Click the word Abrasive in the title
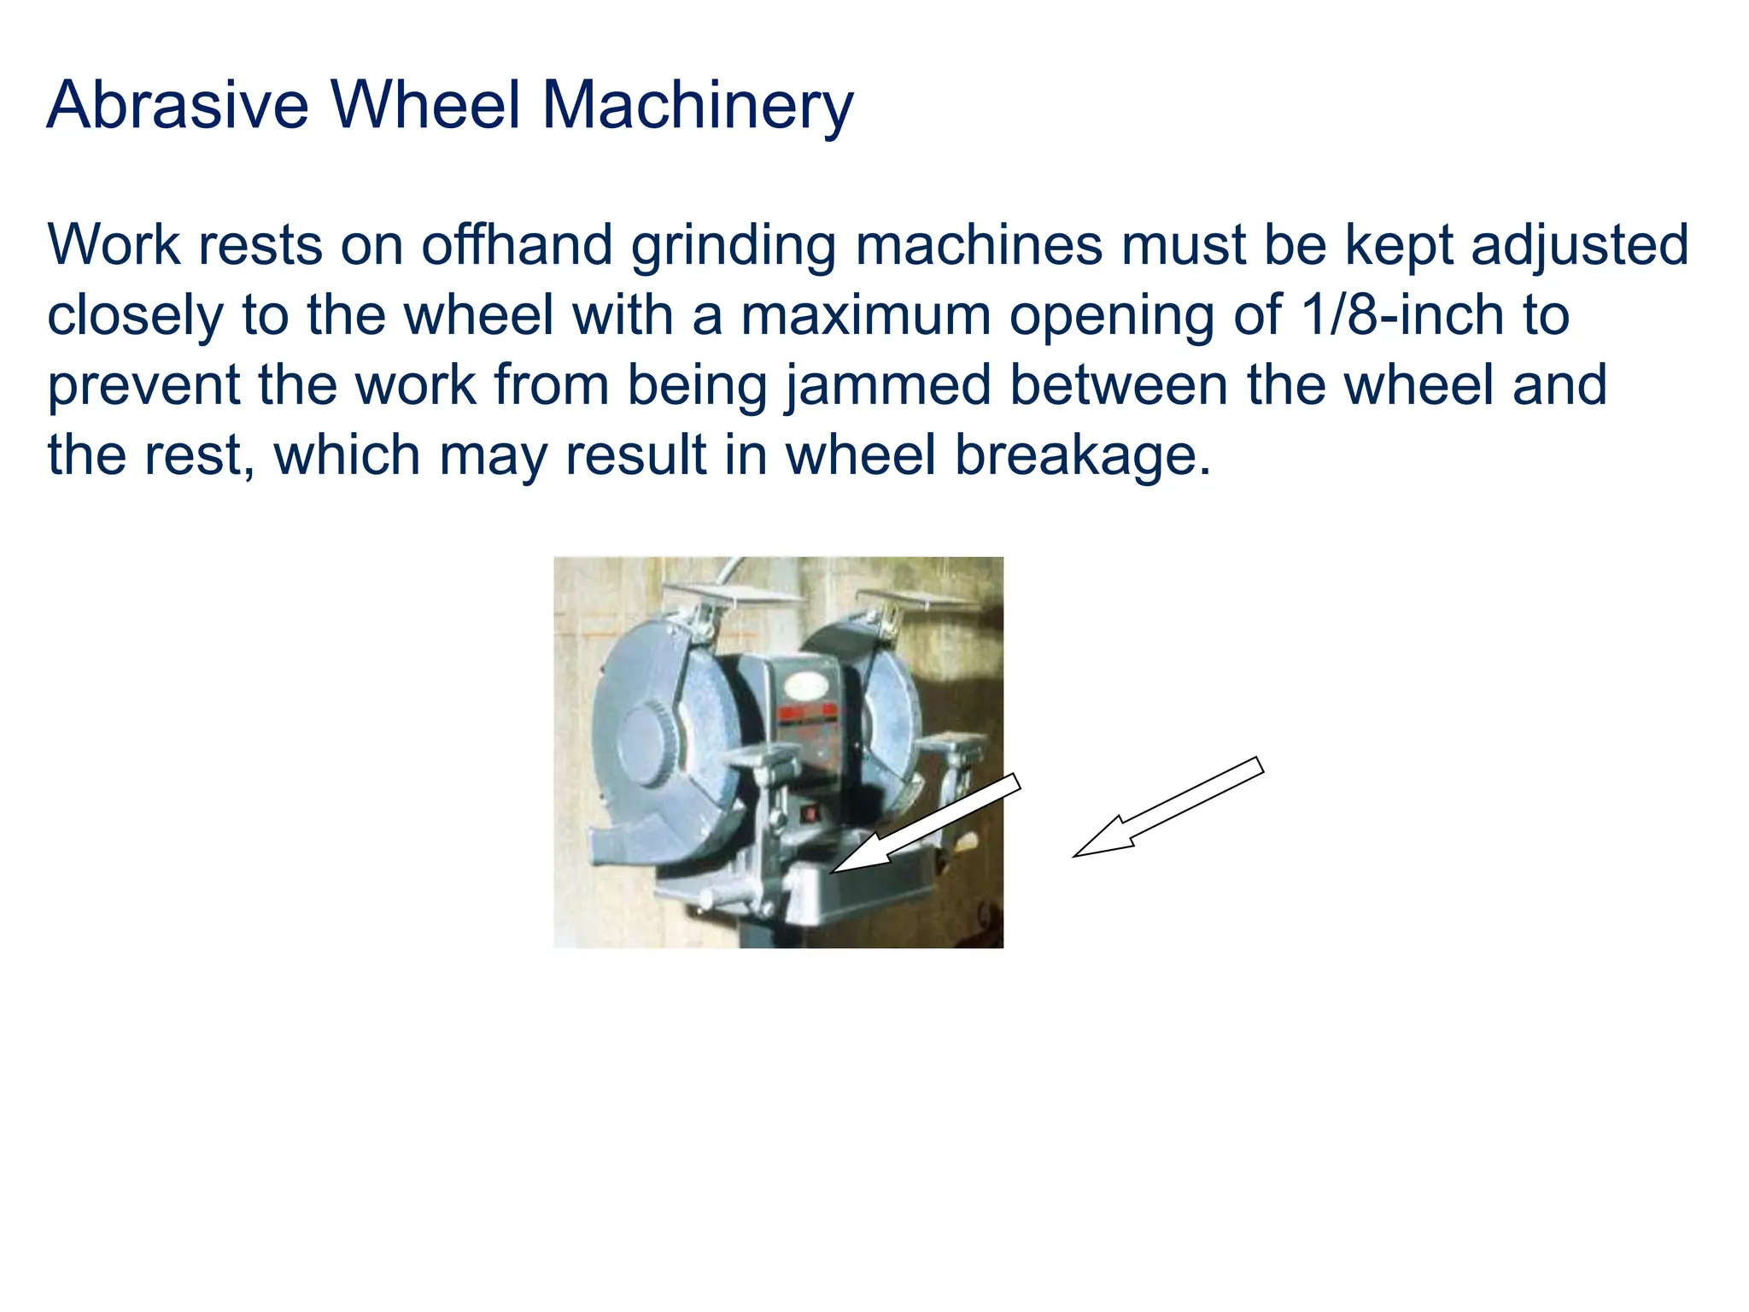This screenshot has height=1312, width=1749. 178,105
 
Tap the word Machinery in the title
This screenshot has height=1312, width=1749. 697,105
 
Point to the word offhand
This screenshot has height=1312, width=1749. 517,245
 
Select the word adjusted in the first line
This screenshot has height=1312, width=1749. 1580,245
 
